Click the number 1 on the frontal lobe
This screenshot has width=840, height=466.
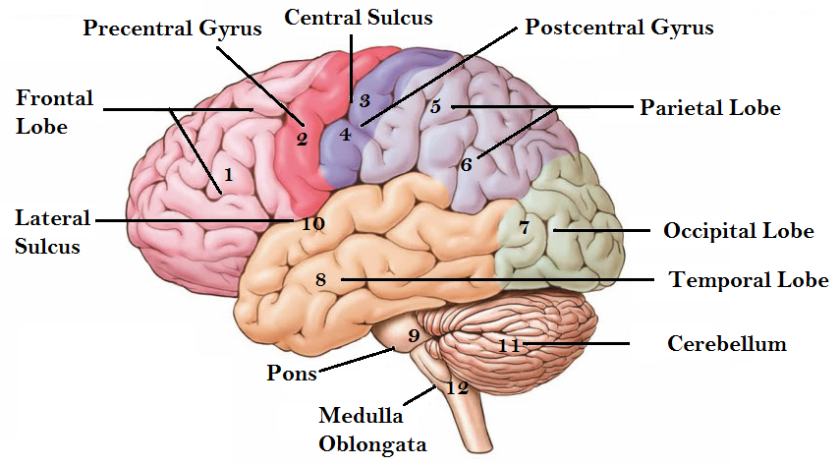228,174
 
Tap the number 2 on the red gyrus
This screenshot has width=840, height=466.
303,140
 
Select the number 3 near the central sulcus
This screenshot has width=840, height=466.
364,101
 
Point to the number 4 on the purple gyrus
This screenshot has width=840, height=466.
345,134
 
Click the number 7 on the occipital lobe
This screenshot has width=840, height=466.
525,227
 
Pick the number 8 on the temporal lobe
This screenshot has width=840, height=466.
321,279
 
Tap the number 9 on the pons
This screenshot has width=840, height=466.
414,335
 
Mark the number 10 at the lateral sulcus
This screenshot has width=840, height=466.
313,223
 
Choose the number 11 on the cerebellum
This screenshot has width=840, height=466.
510,345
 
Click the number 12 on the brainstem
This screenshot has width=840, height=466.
458,387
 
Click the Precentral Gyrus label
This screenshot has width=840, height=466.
172,28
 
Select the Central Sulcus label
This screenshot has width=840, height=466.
359,17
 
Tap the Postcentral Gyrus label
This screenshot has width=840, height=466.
619,28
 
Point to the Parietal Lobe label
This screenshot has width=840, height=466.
710,108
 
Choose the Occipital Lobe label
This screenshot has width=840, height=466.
739,231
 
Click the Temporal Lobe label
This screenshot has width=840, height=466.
749,279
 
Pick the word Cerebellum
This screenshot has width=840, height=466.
727,343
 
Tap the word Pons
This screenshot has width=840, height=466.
292,373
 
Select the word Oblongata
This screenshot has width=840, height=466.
373,444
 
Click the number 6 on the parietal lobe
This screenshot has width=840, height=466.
467,164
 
